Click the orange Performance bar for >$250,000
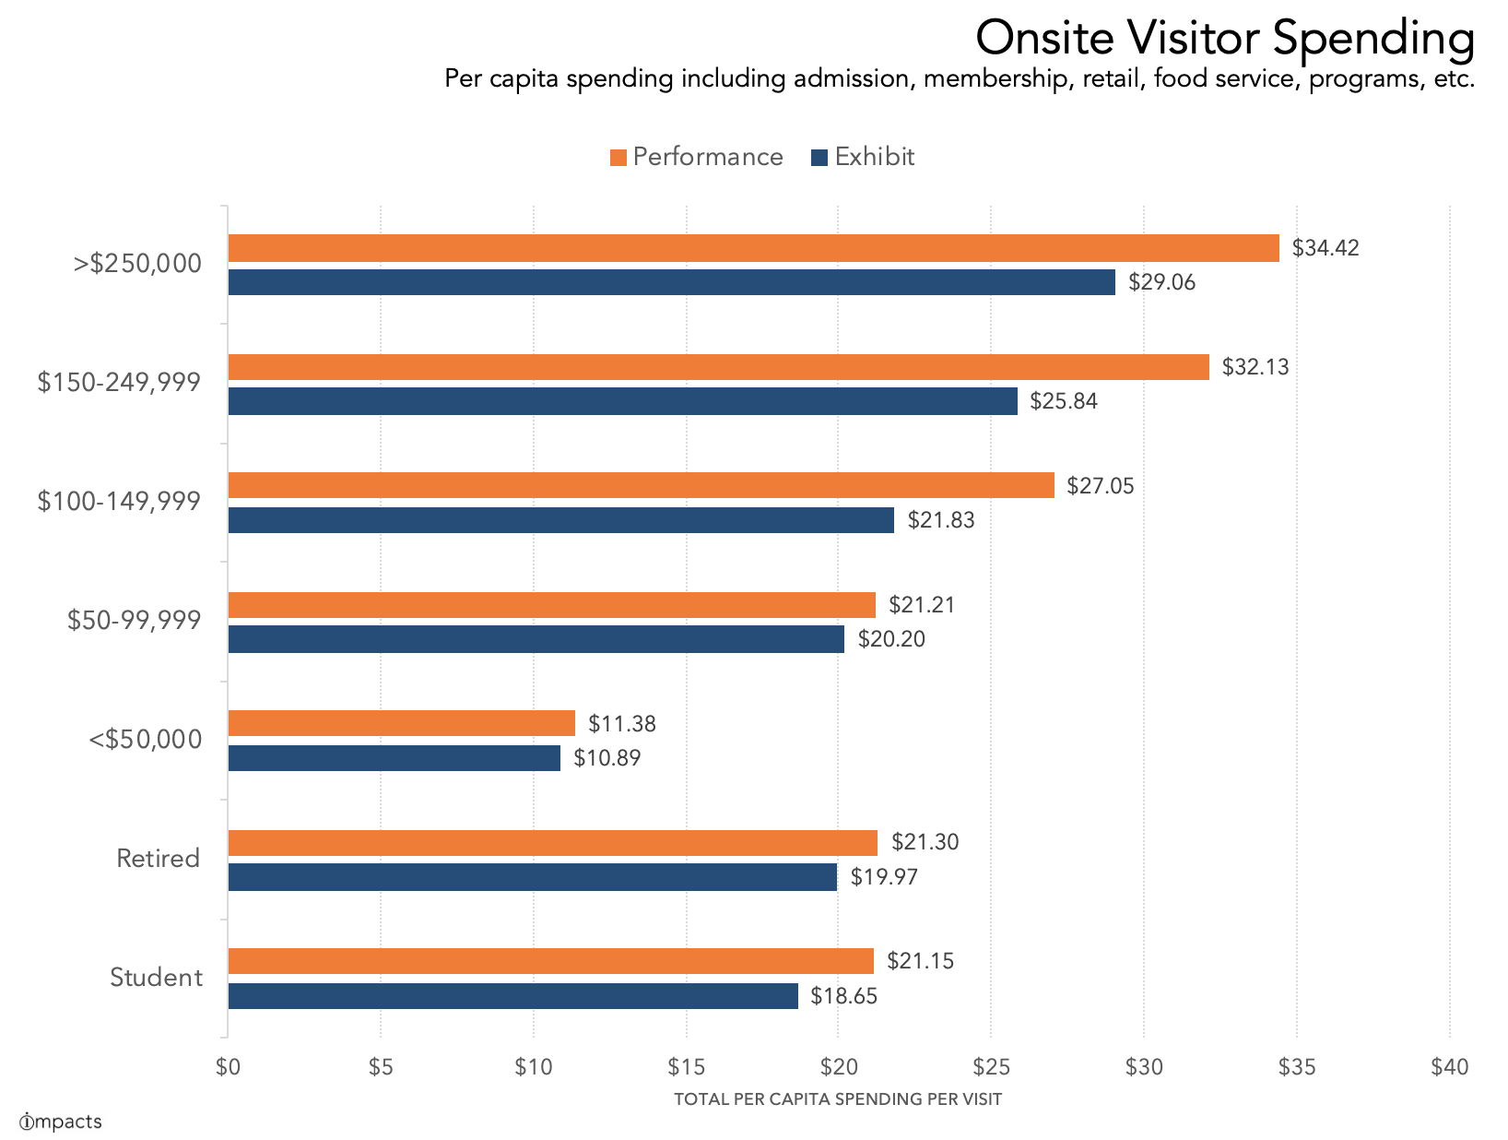point(753,248)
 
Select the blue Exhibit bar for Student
point(512,996)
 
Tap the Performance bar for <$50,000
point(401,723)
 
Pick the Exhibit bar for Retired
point(532,877)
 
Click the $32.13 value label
point(1255,367)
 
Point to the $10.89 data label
point(607,758)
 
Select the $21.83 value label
point(940,520)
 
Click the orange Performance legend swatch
point(618,158)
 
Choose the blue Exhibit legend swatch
point(819,158)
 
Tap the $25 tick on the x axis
point(990,1067)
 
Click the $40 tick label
point(1449,1067)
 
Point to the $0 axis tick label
point(228,1067)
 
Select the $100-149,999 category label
point(119,502)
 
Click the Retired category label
point(158,859)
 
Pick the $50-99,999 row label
point(134,621)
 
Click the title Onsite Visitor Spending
point(1224,39)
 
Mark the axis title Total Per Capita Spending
point(837,1099)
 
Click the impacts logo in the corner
point(60,1122)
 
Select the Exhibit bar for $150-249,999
point(622,401)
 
